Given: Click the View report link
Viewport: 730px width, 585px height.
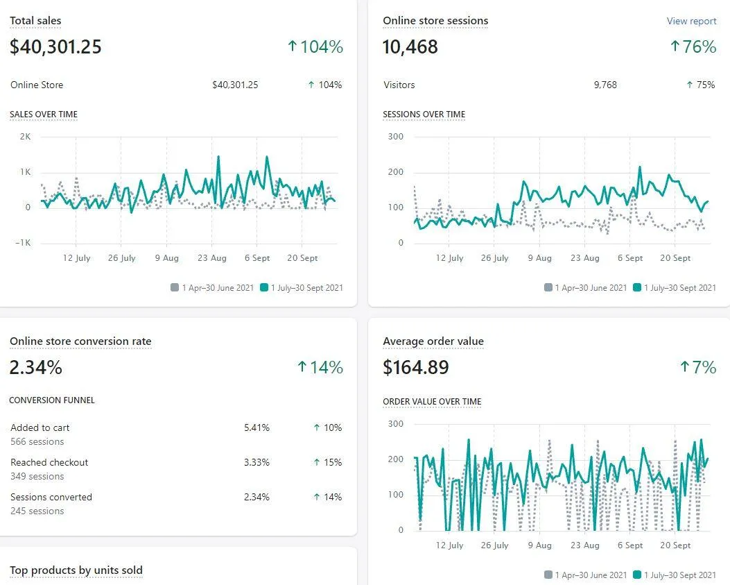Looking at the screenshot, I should click(691, 21).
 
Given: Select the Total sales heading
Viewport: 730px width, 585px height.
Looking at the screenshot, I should click(35, 21).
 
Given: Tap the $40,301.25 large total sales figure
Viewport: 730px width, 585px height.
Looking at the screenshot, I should click(55, 47).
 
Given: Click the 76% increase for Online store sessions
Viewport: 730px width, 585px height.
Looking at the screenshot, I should click(693, 47).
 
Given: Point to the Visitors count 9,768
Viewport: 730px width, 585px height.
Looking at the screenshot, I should click(605, 85).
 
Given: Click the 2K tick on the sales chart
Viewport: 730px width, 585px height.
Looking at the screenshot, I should click(25, 136).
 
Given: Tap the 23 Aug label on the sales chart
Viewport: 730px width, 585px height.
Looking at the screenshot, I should click(211, 258).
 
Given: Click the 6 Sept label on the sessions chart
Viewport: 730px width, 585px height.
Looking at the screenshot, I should click(630, 258).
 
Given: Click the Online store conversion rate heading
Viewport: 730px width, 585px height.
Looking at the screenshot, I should click(80, 341).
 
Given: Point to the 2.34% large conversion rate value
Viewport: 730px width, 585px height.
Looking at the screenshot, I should click(36, 368).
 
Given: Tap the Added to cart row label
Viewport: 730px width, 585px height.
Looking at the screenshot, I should click(40, 427).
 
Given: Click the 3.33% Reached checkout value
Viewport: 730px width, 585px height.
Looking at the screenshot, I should click(257, 462).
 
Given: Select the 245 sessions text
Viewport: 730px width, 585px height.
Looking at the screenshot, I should click(37, 511).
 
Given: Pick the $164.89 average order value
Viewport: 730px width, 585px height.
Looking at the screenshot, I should click(416, 368).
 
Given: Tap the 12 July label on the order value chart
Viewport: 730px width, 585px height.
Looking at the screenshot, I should click(450, 545).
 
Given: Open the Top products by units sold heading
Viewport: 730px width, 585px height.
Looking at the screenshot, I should click(76, 570).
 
